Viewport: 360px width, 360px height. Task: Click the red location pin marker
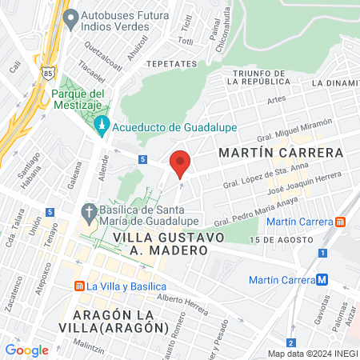click(x=181, y=163)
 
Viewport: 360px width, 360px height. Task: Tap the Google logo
click(x=26, y=350)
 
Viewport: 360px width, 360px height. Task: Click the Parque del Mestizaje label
click(x=79, y=99)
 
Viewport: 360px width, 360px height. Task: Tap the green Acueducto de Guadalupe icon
click(x=102, y=126)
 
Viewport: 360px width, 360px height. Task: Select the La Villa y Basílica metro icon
click(x=79, y=286)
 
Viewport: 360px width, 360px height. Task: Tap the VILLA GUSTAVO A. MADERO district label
click(x=161, y=243)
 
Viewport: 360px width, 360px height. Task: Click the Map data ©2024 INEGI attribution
click(x=311, y=353)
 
